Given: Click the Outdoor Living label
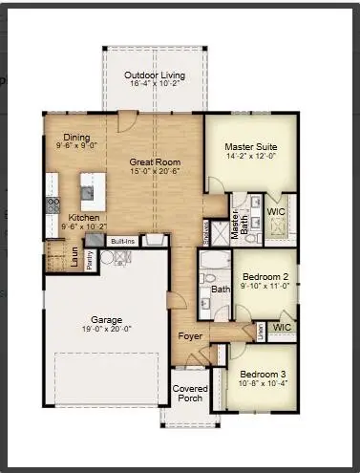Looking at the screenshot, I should coord(155,75).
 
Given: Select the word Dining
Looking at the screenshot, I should coord(76,138).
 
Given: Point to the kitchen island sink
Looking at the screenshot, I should coord(88,192).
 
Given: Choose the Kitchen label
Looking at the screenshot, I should coord(83,219).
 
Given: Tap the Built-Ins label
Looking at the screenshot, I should coord(121,242).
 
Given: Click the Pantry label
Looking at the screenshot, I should coord(90,259).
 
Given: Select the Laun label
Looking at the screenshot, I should coord(74,255).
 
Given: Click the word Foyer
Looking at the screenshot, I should coord(188,337).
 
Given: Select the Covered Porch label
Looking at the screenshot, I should coord(190,394).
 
